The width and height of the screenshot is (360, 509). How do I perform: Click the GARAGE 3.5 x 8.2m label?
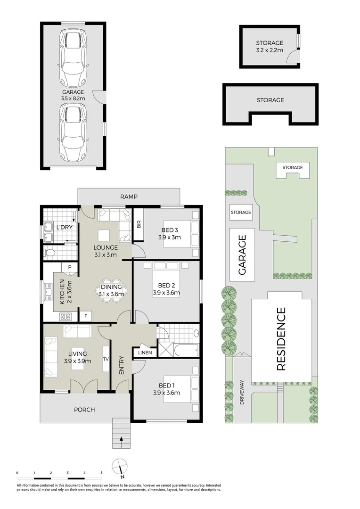73,95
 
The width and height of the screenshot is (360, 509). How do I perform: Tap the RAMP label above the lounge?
128,197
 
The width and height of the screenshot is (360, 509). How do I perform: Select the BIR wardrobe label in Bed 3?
139,225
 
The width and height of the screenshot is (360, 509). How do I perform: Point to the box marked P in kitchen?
70,267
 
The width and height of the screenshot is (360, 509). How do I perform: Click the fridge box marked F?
86,316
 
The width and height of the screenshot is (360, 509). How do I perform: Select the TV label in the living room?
106,358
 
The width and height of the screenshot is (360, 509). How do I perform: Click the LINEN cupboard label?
144,352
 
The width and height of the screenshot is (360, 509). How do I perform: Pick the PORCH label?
84,410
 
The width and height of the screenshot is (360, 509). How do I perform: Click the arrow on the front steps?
122,439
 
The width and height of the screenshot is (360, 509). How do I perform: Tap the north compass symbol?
120,466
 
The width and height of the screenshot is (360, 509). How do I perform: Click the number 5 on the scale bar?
101,472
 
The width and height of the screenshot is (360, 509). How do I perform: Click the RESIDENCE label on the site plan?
281,339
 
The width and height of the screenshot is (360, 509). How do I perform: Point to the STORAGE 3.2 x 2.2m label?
270,46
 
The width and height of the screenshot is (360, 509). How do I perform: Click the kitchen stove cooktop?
66,316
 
